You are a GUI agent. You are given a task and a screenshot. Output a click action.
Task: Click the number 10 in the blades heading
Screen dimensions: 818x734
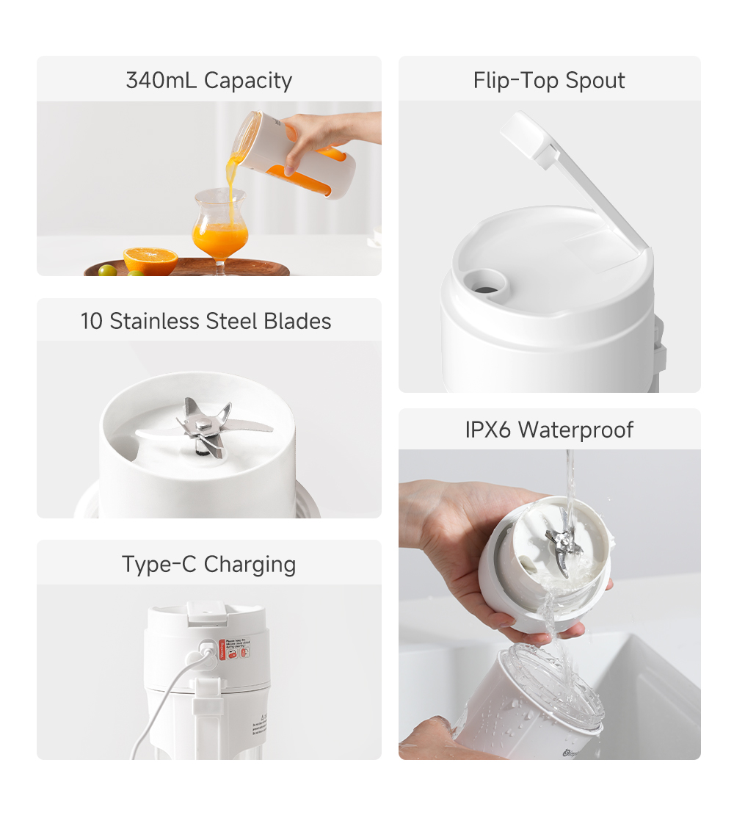coord(91,321)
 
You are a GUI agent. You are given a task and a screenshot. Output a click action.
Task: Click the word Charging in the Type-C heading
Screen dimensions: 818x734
coord(250,564)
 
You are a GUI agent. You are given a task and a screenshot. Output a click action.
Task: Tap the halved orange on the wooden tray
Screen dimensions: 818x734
coord(150,260)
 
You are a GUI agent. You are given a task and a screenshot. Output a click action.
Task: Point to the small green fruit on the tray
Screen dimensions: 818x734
coord(108,270)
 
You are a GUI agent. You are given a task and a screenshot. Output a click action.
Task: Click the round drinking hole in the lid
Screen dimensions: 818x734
coord(483,282)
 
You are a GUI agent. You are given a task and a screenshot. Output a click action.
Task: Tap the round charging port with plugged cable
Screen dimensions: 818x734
coord(208,650)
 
